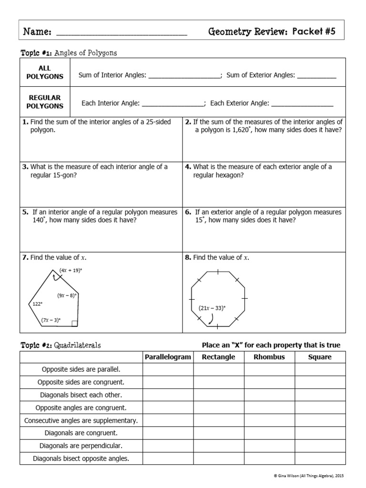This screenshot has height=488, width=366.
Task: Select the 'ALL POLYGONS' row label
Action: tap(45, 72)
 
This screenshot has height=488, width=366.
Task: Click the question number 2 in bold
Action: tap(188, 122)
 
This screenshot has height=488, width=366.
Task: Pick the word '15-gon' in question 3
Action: tap(65, 175)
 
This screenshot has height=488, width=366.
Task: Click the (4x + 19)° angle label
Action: tap(71, 270)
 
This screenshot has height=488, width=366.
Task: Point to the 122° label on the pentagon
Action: tap(37, 303)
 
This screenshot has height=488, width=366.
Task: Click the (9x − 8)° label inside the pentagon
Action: tap(67, 295)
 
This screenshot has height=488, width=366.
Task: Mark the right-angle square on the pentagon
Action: tap(74, 324)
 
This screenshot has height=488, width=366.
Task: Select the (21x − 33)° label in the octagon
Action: tap(212, 308)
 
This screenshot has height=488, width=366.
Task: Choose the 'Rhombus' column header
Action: tap(269, 357)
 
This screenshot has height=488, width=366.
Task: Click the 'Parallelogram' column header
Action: tap(168, 357)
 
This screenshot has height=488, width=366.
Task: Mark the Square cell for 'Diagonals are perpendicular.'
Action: tap(320, 446)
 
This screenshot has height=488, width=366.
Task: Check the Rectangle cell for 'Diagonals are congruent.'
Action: tap(219, 433)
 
